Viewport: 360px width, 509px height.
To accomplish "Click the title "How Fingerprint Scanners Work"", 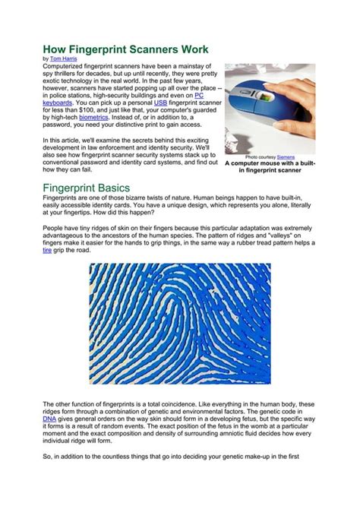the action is (x=125, y=48).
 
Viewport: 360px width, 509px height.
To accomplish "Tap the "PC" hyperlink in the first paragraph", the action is (x=199, y=95).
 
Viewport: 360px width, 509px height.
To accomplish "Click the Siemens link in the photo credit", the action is (x=286, y=156).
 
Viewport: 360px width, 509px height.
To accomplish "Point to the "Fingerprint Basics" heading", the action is (x=86, y=187).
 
